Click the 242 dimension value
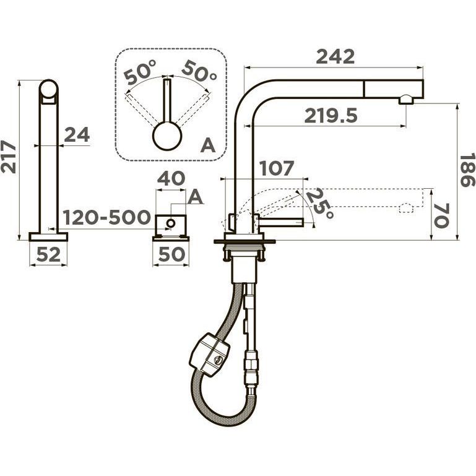tap(335, 56)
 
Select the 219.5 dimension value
tap(331, 116)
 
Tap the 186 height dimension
tap(467, 171)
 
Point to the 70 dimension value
tap(441, 215)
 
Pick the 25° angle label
tap(320, 204)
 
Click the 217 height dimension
tap(8, 157)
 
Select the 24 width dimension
tap(77, 134)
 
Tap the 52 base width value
tap(48, 254)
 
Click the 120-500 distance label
tap(106, 217)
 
